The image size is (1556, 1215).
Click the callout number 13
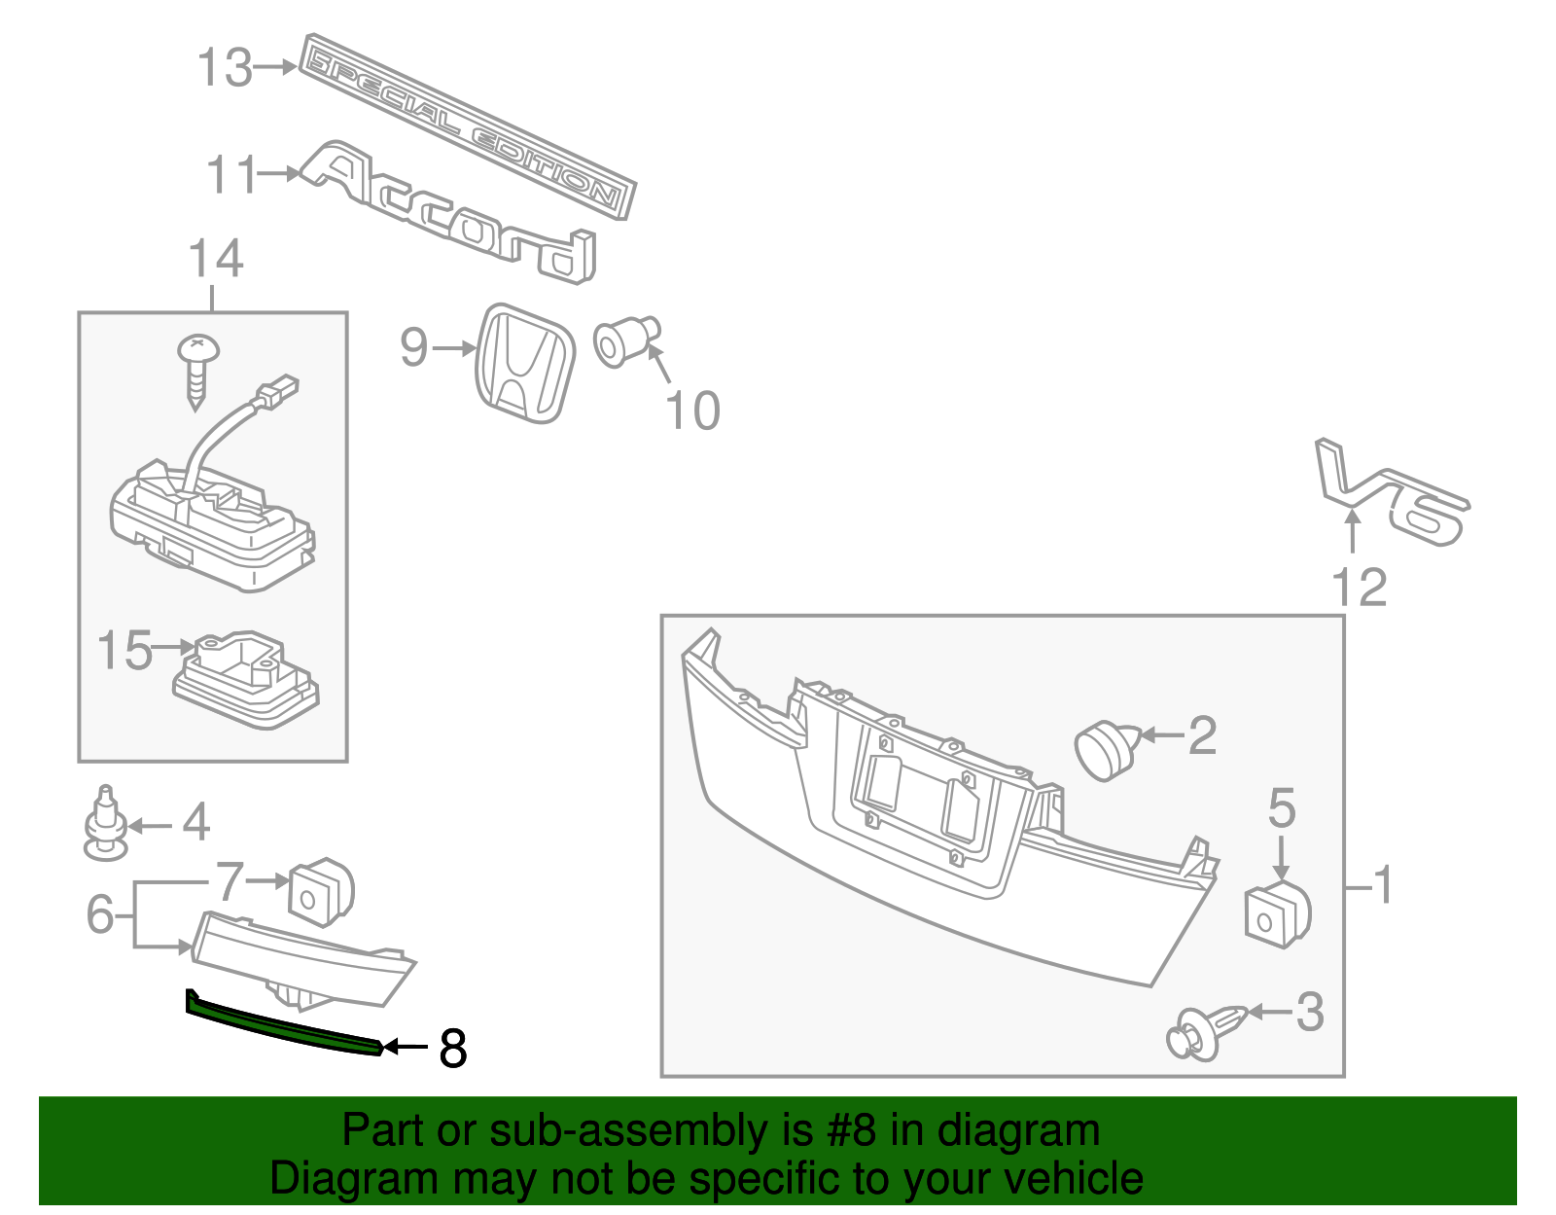(x=225, y=68)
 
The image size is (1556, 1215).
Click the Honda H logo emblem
(x=525, y=363)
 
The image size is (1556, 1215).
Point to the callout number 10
(x=692, y=411)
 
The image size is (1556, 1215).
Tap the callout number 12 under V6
(x=1359, y=588)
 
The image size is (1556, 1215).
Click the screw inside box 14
(x=197, y=369)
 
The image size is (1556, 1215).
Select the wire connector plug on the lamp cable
(x=277, y=392)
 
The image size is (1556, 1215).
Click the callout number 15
(x=125, y=650)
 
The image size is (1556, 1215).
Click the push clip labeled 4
(x=104, y=825)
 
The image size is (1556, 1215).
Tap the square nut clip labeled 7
(x=321, y=891)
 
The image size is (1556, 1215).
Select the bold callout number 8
(x=453, y=1049)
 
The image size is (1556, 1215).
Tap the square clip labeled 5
(x=1277, y=915)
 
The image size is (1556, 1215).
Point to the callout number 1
(x=1382, y=884)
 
